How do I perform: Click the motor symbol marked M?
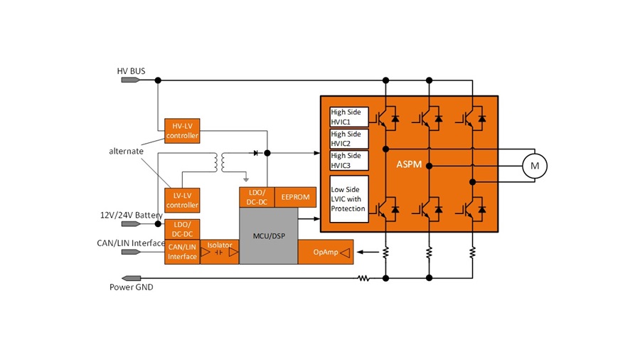coord(535,166)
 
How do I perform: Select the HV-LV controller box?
coord(182,131)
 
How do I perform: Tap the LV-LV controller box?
coord(182,200)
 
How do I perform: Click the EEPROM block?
coord(295,197)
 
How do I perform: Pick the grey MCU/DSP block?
coord(268,235)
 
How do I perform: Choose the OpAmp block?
coord(326,252)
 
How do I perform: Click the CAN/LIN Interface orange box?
coord(182,252)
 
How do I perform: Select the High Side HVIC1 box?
coord(349,117)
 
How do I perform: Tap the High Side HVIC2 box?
coord(349,139)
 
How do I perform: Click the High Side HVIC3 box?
coord(349,160)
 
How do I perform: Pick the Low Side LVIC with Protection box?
coord(349,198)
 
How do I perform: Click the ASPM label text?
coord(409,164)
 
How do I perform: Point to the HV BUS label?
coord(131,71)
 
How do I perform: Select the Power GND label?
coord(131,287)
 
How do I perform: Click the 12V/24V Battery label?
coord(130,215)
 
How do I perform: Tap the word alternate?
coord(126,152)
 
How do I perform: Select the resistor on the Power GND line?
coord(363,278)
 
